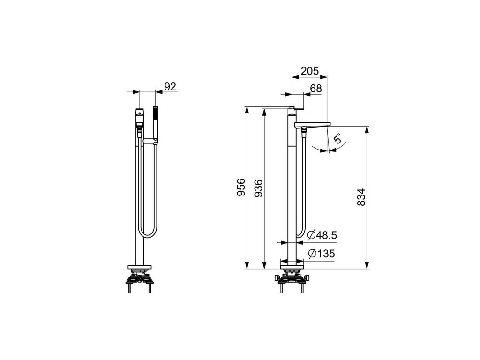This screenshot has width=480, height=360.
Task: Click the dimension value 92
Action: [170, 87]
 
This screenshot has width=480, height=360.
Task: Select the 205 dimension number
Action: [310, 71]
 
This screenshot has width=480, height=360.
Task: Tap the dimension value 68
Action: [316, 88]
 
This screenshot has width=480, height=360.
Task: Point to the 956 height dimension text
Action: [241, 187]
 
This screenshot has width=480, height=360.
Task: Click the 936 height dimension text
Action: [259, 188]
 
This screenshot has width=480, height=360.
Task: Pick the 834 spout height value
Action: [361, 197]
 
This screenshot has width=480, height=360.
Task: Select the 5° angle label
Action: [337, 138]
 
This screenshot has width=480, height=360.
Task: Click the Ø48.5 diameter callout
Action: [322, 235]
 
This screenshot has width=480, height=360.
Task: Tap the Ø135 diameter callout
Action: [321, 254]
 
